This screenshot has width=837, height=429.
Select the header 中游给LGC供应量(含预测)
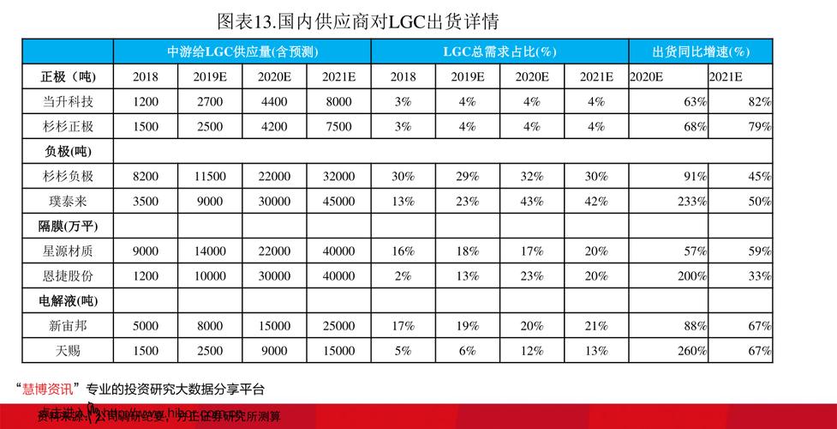coord(242,51)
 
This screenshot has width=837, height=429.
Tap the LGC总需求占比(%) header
coord(499,51)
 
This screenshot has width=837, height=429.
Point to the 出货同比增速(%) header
coord(700,51)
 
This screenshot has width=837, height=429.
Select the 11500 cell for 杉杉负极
coord(209,177)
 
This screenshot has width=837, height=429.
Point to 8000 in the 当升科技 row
coord(338,101)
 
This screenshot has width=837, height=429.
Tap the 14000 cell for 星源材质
coord(209,251)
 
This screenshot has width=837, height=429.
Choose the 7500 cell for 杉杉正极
coord(338,127)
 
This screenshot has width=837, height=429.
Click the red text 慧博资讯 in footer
coord(47,388)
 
